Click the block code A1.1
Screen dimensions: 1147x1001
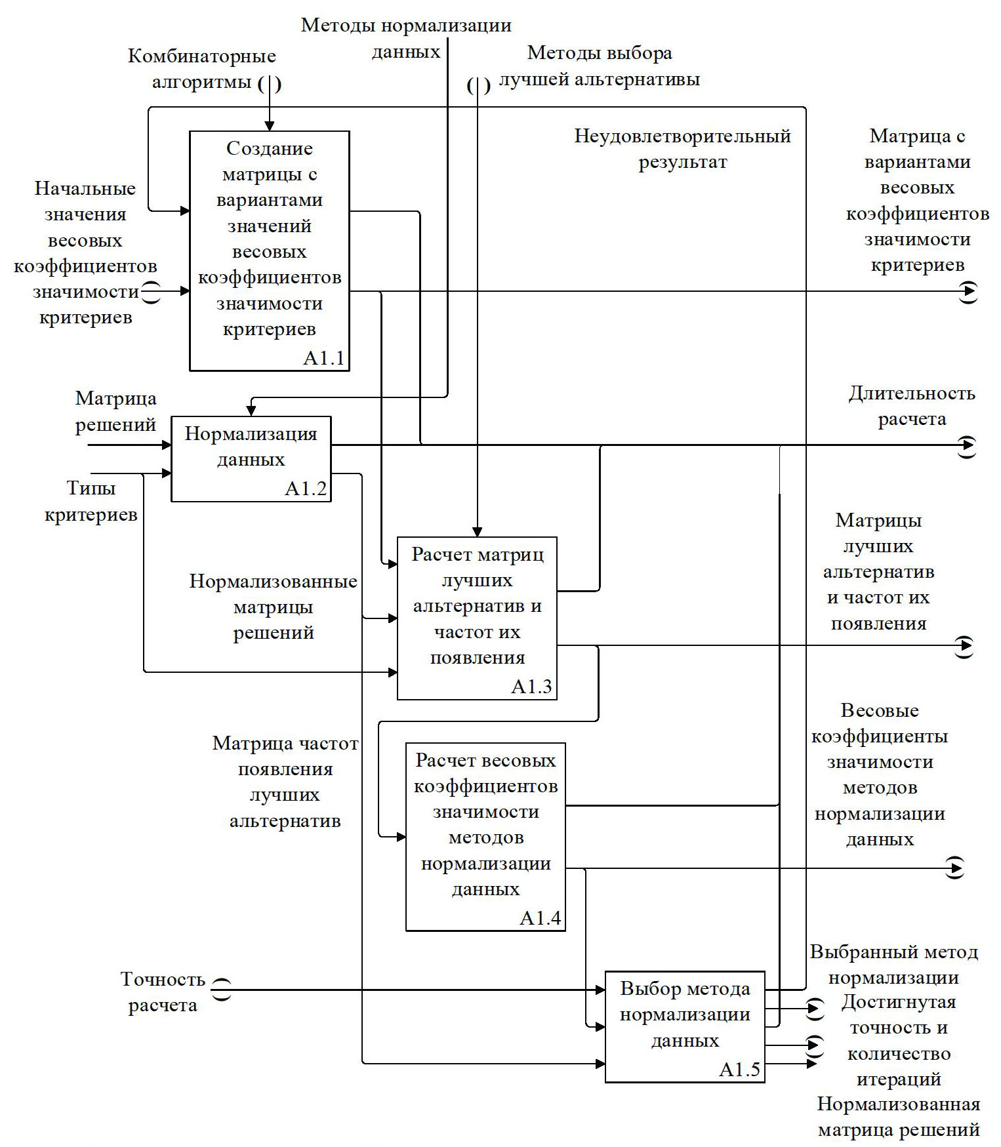click(324, 359)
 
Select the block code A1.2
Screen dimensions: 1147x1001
click(306, 489)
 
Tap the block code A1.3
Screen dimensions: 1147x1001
click(531, 687)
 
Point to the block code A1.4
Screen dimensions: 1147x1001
click(540, 918)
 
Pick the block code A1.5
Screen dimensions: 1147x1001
click(739, 1070)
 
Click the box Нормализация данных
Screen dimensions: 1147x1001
click(251, 458)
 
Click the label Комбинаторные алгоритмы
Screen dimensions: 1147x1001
click(201, 70)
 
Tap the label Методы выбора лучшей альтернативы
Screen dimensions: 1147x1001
click(599, 66)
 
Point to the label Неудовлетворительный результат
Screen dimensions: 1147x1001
click(682, 149)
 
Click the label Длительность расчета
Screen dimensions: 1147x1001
click(912, 406)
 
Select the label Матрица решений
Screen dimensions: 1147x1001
click(115, 411)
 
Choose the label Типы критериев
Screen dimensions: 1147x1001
click(91, 501)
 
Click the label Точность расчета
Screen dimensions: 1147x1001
click(163, 992)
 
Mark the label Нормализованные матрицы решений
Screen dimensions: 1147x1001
click(273, 607)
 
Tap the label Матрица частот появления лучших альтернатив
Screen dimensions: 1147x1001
click(285, 782)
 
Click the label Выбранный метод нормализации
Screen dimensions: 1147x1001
click(893, 965)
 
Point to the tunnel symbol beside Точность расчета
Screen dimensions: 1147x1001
click(222, 989)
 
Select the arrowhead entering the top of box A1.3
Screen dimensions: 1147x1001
click(478, 532)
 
